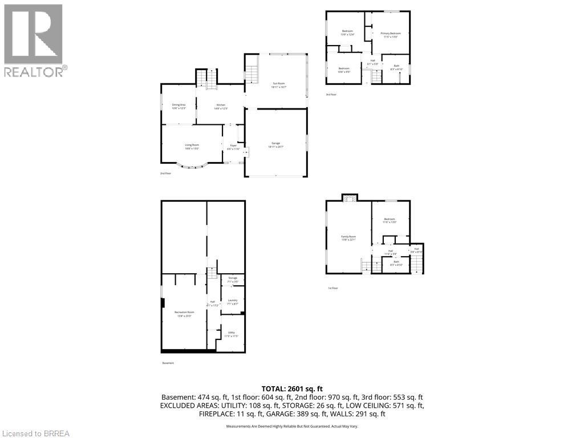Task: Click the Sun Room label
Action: [279, 86]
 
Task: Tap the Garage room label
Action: [275, 144]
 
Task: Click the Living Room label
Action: [192, 147]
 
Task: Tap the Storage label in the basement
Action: [232, 279]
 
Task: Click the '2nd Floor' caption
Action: [166, 173]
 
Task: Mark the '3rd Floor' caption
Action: [331, 95]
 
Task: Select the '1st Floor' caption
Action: [333, 288]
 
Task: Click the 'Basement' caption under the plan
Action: [168, 363]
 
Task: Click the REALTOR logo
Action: [34, 40]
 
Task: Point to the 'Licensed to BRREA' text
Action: [35, 433]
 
